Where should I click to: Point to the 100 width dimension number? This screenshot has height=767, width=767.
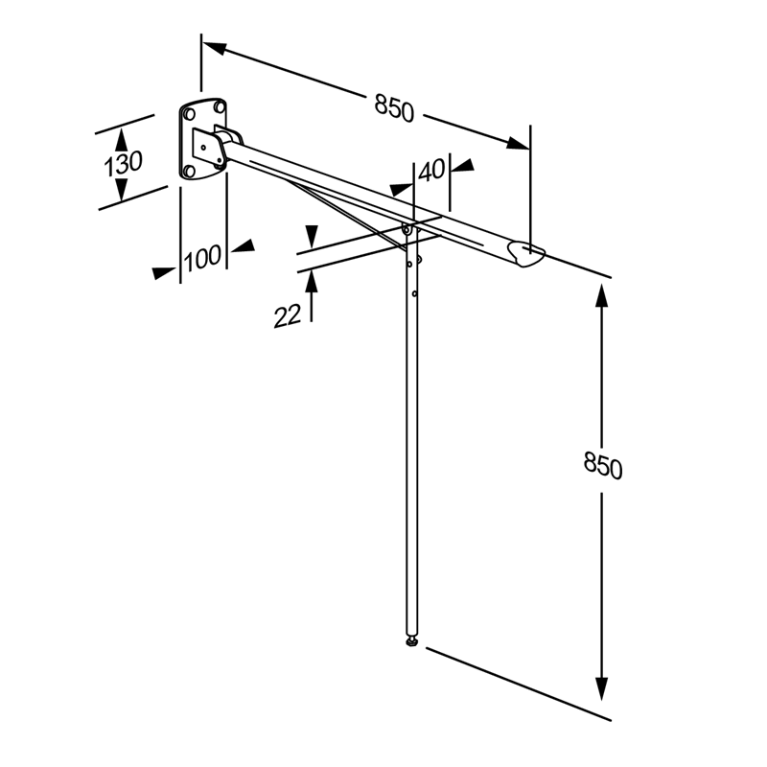tap(202, 257)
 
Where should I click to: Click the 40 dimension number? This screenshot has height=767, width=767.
tap(432, 171)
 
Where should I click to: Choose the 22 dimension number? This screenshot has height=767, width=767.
tap(287, 314)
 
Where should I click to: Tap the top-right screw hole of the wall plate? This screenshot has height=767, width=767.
tap(221, 107)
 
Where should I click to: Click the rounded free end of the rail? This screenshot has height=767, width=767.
tap(528, 254)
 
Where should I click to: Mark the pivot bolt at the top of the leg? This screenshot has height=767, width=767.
tap(407, 229)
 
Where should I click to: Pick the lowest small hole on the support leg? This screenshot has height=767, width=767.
tap(414, 293)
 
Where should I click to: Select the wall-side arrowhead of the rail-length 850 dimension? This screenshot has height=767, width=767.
tap(212, 46)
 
